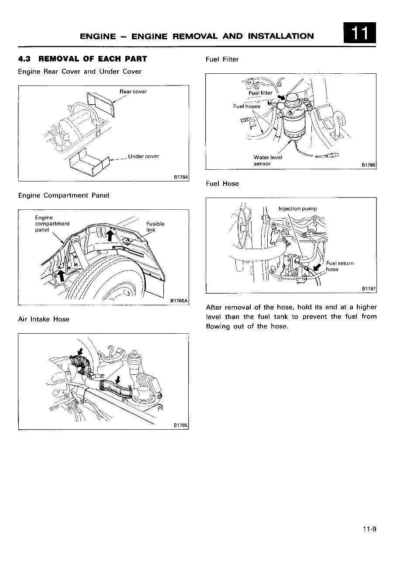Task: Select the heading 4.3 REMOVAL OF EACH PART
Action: click(x=83, y=59)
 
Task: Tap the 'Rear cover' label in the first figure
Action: click(x=133, y=92)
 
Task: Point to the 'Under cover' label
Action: click(x=144, y=157)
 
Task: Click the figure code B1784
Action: click(x=181, y=177)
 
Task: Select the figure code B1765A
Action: click(x=179, y=301)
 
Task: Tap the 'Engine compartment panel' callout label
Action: click(x=52, y=224)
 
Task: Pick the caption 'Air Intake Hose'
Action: click(x=44, y=319)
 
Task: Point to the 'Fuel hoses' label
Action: click(x=246, y=106)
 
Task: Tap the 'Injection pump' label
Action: click(x=297, y=209)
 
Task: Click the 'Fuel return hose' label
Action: click(x=339, y=267)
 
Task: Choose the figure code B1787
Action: click(x=369, y=289)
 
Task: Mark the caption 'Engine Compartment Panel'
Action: click(x=63, y=195)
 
